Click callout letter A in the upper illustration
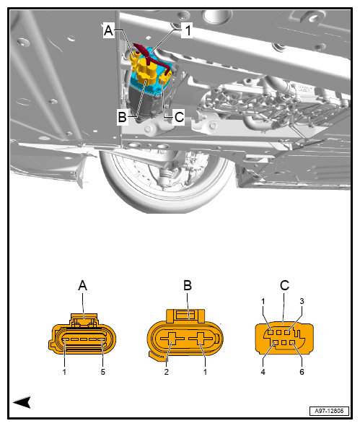[x=109, y=30]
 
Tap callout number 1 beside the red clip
[x=186, y=30]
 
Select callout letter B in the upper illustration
[x=123, y=116]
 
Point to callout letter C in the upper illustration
[x=179, y=116]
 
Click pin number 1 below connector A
[x=65, y=373]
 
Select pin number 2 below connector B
[x=167, y=373]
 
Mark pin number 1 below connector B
[x=206, y=373]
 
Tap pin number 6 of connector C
[x=302, y=373]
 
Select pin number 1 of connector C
[x=264, y=301]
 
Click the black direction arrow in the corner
[x=22, y=401]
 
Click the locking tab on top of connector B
[x=186, y=315]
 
